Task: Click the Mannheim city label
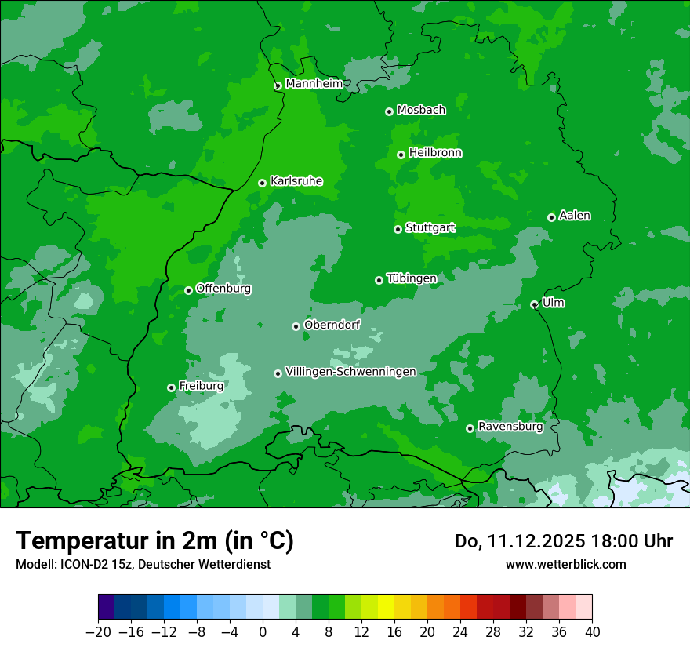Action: pos(314,84)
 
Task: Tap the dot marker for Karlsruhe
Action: pos(262,183)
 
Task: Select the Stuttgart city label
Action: pos(430,228)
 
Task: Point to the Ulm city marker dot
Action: pos(534,304)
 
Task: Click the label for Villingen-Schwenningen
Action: pos(350,372)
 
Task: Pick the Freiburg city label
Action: pos(201,386)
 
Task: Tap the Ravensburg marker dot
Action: pos(470,428)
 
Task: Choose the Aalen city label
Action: pos(575,216)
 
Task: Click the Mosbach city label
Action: pos(421,111)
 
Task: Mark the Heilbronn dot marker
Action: pos(401,155)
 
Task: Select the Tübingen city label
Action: pos(412,278)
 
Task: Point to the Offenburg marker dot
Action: pos(188,290)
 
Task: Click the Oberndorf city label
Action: pos(332,325)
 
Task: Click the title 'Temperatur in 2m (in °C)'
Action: pos(154,541)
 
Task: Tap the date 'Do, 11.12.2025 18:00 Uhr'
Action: pos(564,541)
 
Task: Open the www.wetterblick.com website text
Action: pos(565,564)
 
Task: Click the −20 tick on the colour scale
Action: pos(98,631)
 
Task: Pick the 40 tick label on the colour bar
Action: pos(592,631)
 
